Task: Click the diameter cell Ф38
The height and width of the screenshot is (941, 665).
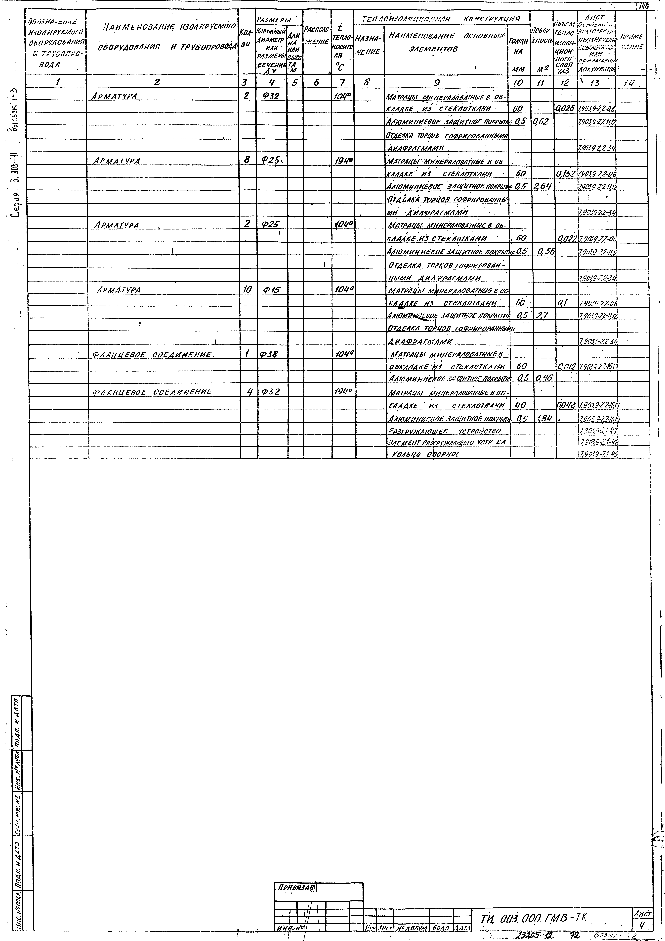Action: [x=269, y=355]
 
